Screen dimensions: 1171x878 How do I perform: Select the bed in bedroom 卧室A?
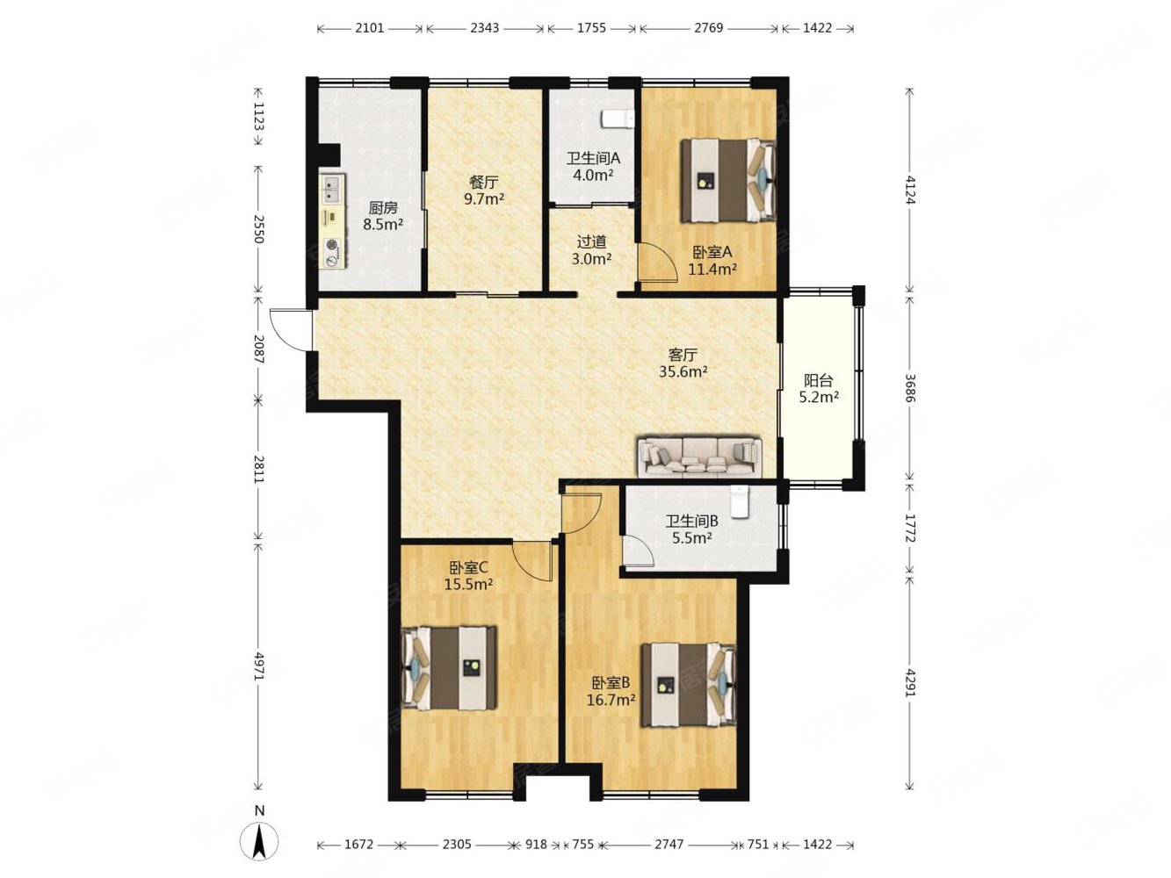(727, 180)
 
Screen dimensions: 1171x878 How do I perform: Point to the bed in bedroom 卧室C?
(449, 668)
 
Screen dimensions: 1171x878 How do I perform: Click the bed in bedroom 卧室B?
(688, 685)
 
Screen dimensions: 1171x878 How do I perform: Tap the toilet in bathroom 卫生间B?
(740, 501)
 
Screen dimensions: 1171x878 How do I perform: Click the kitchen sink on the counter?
(332, 190)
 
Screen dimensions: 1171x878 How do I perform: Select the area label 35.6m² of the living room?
(683, 371)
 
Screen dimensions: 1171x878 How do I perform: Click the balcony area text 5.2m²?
(819, 397)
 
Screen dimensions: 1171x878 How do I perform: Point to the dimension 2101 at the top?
(370, 28)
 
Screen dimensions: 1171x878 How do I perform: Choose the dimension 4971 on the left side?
(259, 666)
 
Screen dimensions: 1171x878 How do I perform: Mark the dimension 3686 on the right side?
(911, 389)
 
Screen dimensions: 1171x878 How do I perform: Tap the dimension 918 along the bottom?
(536, 845)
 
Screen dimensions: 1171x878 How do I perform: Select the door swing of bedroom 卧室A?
(658, 262)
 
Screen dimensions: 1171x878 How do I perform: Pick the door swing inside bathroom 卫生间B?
(638, 551)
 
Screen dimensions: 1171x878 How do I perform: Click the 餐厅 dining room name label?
(484, 183)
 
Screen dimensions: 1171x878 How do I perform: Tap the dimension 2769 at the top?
(708, 28)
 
